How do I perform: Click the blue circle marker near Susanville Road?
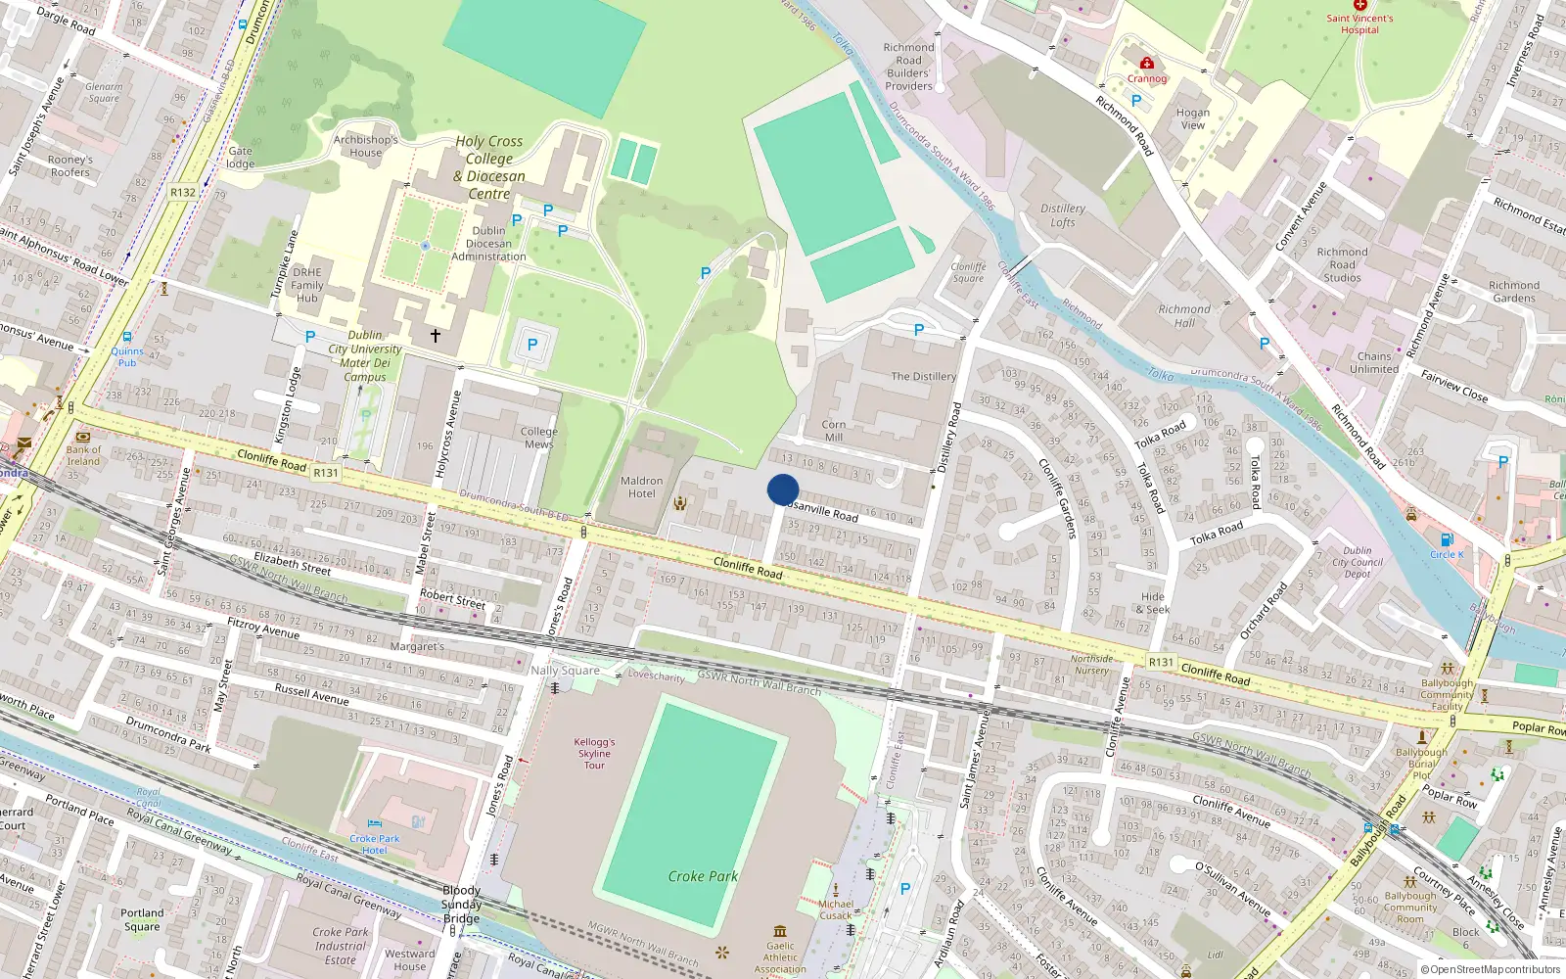[x=783, y=489]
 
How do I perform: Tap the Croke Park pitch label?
[x=703, y=876]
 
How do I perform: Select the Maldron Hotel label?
[x=641, y=487]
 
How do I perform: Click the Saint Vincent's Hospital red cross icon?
[x=1359, y=6]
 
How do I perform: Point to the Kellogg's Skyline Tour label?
[x=594, y=754]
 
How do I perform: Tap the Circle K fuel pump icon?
[x=1447, y=539]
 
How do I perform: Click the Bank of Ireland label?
[x=83, y=455]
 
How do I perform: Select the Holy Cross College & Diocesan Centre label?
[x=489, y=167]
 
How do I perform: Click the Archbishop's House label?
[x=365, y=146]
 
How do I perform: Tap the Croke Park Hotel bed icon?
[x=374, y=824]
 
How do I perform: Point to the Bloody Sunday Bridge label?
[x=461, y=904]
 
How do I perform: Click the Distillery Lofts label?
[x=1063, y=215]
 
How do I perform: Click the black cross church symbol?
[x=436, y=335]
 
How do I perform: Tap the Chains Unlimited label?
[x=1374, y=362]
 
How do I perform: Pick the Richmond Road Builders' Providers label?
[x=908, y=67]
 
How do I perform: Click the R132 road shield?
[x=182, y=192]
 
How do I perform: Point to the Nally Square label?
[x=565, y=671]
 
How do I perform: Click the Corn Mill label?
[x=834, y=431]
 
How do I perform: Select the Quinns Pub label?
[x=127, y=356]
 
